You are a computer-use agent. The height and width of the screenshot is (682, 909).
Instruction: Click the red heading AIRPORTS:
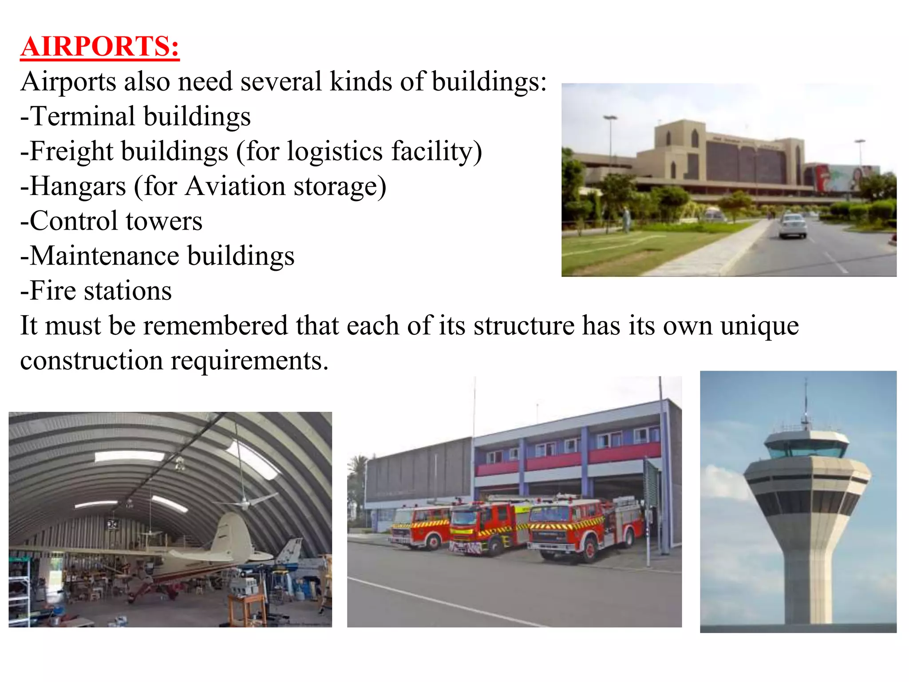pyautogui.click(x=100, y=47)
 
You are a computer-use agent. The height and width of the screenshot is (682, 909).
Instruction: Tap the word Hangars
pyautogui.click(x=78, y=186)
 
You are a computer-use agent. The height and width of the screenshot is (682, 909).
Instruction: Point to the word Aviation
pyautogui.click(x=235, y=186)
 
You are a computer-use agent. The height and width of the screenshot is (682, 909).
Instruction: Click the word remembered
pyautogui.click(x=216, y=325)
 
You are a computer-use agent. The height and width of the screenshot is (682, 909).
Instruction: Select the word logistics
pyautogui.click(x=335, y=151)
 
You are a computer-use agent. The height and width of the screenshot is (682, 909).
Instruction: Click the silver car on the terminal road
pyautogui.click(x=793, y=225)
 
